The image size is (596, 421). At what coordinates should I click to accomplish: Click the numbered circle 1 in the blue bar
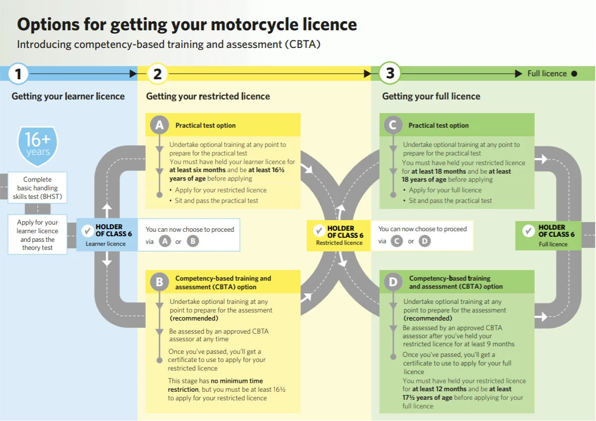(18, 74)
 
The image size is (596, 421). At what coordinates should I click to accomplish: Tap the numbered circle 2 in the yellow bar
(157, 74)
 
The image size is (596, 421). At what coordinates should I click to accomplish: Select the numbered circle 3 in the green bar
(390, 74)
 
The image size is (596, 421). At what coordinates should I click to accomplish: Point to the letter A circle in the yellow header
(160, 125)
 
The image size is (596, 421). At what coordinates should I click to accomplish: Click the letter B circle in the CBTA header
(160, 282)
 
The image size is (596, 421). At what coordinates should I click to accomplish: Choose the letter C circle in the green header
(393, 125)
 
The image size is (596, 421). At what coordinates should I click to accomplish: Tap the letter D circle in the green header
(393, 282)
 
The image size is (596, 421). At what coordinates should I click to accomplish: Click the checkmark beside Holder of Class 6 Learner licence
(86, 232)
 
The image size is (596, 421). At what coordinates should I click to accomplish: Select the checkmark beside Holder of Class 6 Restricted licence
(319, 231)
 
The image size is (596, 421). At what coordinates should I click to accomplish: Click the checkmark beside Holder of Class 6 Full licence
(528, 231)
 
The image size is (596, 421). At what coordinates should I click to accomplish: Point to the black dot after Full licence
(574, 74)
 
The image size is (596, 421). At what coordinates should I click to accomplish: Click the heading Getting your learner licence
(68, 96)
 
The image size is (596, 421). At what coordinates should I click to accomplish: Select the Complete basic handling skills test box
(37, 188)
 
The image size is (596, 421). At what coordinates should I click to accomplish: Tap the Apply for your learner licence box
(37, 235)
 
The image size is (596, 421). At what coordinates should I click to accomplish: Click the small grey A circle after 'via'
(165, 241)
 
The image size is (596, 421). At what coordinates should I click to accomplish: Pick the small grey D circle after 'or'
(425, 241)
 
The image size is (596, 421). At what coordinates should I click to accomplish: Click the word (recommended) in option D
(427, 319)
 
